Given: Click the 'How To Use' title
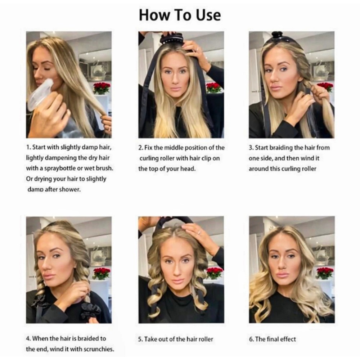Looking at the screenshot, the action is click(180, 15).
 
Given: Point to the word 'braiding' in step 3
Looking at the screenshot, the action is click(283, 148).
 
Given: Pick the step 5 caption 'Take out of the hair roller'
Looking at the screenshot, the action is click(179, 339).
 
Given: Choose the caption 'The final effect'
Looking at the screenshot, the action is click(275, 339).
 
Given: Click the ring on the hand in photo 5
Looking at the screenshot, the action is click(199, 232).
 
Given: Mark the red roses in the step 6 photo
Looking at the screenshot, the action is click(325, 272).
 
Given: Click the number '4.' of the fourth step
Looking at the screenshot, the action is click(28, 339).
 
